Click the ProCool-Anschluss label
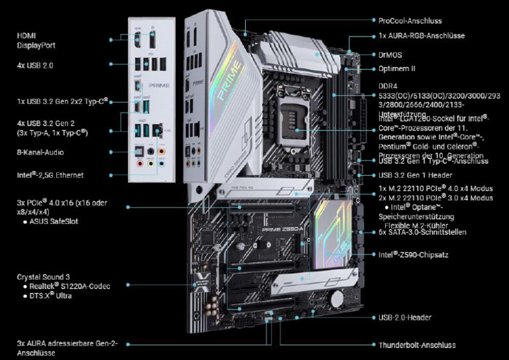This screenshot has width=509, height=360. click(x=410, y=21)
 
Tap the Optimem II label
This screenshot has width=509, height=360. click(x=397, y=68)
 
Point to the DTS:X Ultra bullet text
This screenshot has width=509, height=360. click(x=50, y=296)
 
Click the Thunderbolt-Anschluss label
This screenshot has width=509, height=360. click(x=417, y=345)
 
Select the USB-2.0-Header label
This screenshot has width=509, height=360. click(x=405, y=318)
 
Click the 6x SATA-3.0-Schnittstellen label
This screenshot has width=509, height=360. click(x=422, y=232)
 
